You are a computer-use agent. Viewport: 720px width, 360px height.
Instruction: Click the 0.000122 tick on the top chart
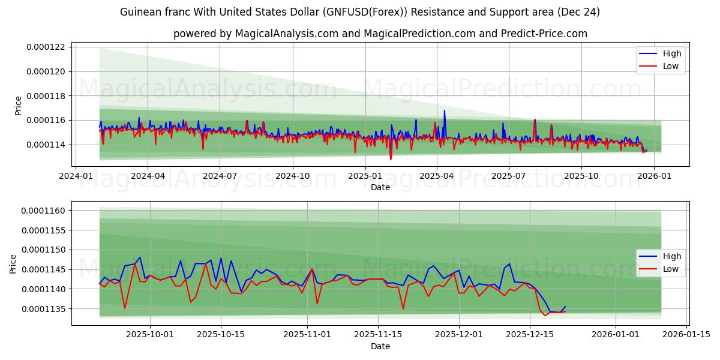48,47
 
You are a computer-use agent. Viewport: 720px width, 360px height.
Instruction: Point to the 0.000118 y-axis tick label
48,96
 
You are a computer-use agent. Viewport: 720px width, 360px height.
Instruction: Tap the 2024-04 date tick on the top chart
148,176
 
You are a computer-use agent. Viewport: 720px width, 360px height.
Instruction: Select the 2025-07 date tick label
508,176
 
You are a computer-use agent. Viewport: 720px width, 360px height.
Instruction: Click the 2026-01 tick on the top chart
653,176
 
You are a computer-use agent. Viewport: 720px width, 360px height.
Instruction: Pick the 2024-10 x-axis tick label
292,176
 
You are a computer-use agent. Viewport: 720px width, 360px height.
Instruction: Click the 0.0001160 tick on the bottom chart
46,211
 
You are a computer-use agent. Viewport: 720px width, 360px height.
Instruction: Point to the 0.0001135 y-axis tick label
46,309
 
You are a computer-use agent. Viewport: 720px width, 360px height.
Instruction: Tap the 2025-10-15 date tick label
220,335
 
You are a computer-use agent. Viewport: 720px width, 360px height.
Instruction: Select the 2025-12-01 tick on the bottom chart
459,335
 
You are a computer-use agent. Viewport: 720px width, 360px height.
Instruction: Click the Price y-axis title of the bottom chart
13,263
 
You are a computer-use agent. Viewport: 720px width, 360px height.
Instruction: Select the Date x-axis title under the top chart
380,187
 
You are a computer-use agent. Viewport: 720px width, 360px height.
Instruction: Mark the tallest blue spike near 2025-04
445,111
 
